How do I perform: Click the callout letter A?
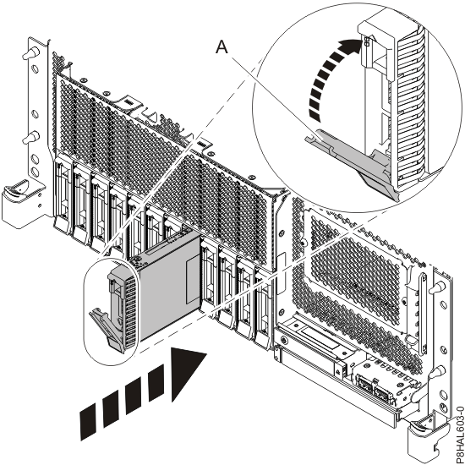click(222, 49)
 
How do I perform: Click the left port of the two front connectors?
click(366, 381)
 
